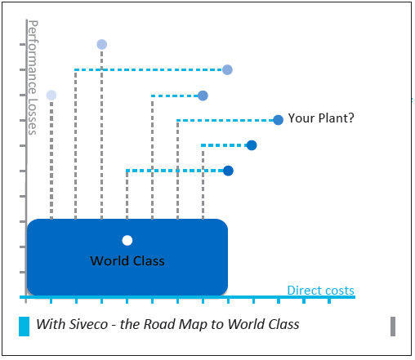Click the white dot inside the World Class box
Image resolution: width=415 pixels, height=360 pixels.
[x=127, y=241]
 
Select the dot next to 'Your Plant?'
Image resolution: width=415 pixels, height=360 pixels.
[x=278, y=120]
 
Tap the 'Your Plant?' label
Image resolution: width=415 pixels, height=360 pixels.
[x=321, y=118]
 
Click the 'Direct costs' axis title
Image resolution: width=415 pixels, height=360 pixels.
[x=321, y=291]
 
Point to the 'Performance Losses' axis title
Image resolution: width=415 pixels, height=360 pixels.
[x=33, y=78]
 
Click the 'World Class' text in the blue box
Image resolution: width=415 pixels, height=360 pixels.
[x=127, y=260]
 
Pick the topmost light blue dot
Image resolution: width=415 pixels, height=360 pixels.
[x=102, y=44]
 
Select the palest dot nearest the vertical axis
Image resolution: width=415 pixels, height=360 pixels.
[x=51, y=96]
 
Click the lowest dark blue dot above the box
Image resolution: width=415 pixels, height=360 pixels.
[x=228, y=171]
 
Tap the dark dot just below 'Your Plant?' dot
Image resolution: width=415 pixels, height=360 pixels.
[x=252, y=145]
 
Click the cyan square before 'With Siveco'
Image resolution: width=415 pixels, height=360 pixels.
[x=24, y=327]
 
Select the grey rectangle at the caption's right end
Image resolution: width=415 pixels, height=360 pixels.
[x=393, y=327]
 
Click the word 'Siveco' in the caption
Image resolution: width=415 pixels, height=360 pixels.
[x=88, y=324]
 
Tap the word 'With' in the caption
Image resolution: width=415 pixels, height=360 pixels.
[x=51, y=324]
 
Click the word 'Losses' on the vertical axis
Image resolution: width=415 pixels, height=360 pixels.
[x=33, y=117]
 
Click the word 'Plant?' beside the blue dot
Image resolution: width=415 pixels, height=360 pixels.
[x=337, y=118]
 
